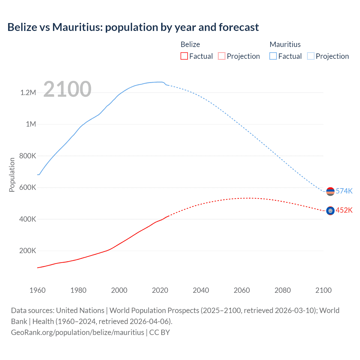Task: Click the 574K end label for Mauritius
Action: point(344,191)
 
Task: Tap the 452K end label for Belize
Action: point(344,210)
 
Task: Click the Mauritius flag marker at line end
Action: point(330,191)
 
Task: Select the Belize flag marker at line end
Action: point(330,211)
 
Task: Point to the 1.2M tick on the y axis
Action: point(28,93)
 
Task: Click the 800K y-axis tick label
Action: point(28,156)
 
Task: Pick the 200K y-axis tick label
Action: point(28,251)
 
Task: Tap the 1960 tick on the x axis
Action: point(37,290)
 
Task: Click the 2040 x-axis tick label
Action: point(201,290)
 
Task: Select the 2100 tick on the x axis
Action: point(323,290)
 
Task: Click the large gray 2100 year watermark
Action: point(67,89)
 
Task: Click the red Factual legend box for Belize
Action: point(184,56)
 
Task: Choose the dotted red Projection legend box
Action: point(222,56)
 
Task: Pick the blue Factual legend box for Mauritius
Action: point(273,56)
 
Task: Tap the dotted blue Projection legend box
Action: point(310,56)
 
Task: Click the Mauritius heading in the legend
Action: point(285,44)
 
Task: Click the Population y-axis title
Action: point(12,175)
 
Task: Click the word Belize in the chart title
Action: point(22,27)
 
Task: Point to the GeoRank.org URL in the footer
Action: point(77,332)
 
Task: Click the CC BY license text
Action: point(159,332)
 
